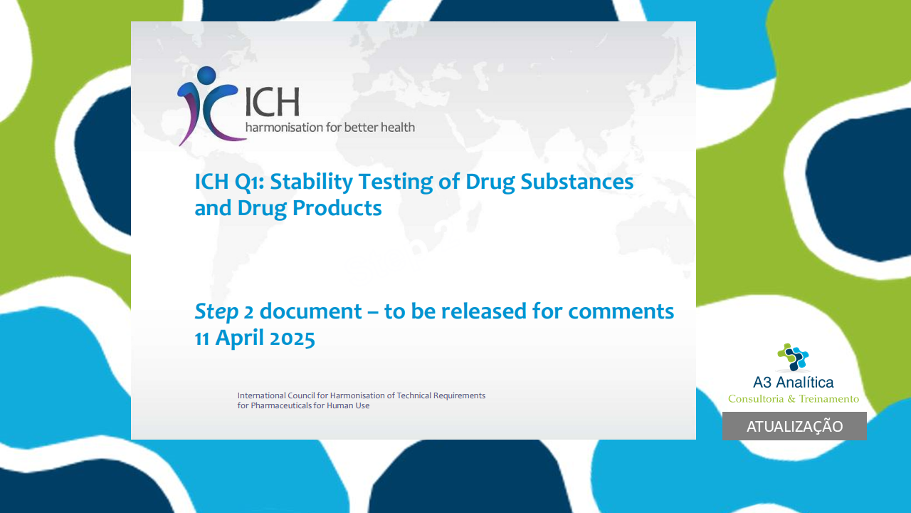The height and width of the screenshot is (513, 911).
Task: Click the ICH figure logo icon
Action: tap(209, 106)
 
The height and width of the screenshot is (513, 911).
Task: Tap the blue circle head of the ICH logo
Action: tap(206, 76)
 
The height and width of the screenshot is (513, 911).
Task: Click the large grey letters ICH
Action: tap(273, 102)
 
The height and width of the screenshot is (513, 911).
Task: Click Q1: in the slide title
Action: tap(250, 182)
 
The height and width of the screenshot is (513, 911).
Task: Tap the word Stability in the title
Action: tap(311, 182)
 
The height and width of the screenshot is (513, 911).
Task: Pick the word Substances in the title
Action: tap(576, 182)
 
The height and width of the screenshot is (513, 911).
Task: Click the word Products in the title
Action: tap(337, 208)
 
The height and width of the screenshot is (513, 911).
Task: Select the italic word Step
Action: tap(216, 312)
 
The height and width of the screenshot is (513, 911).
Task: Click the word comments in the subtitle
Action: tap(621, 311)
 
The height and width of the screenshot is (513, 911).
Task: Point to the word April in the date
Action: tap(240, 338)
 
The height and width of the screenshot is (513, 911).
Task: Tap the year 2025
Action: tap(292, 338)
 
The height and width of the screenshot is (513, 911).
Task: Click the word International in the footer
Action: tap(261, 395)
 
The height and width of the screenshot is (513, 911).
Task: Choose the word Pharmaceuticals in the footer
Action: tap(281, 405)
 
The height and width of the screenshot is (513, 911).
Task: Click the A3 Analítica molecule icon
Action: tap(793, 357)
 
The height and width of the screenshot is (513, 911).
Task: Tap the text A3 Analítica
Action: tap(793, 383)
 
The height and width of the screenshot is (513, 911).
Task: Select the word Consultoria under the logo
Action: tap(756, 398)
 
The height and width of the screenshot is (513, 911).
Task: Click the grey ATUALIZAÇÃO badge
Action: tap(794, 426)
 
